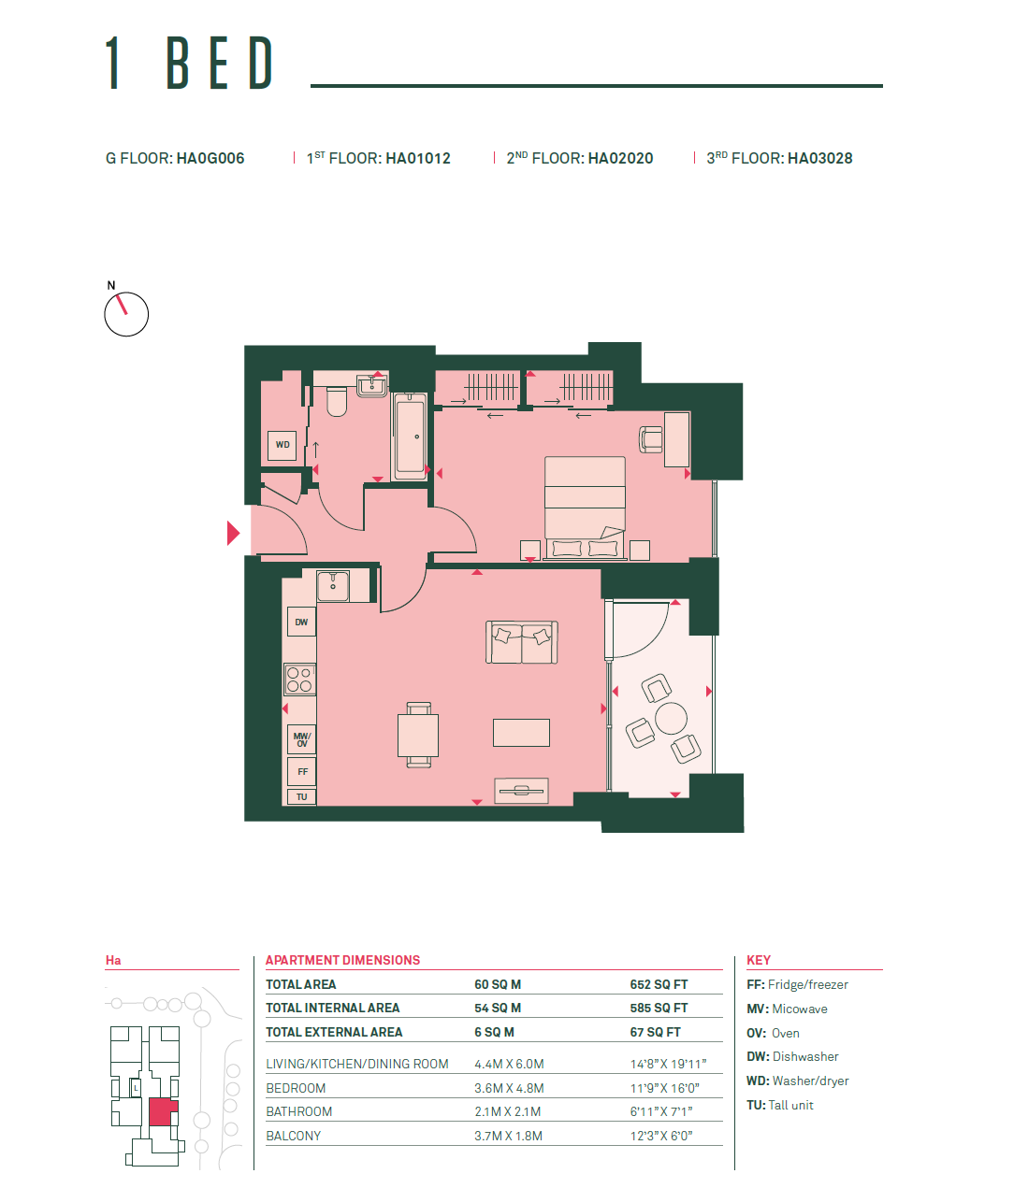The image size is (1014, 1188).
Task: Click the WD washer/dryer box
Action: (x=282, y=446)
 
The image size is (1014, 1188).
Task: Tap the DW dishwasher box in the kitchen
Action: (x=301, y=622)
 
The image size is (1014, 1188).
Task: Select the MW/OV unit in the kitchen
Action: (x=301, y=739)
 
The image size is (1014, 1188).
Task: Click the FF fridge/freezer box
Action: (x=302, y=771)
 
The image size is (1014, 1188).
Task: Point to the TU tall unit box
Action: (x=301, y=796)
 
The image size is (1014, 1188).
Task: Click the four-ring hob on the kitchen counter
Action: (x=299, y=680)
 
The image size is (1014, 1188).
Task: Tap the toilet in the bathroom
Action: (x=337, y=401)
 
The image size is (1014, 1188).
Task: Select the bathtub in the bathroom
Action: (x=410, y=437)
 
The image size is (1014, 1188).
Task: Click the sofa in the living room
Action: (x=522, y=642)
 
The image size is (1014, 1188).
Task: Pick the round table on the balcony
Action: (x=671, y=719)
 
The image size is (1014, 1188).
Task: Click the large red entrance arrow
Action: (x=233, y=533)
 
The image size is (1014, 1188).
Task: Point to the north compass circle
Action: (x=126, y=314)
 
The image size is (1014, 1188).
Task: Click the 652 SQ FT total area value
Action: (x=659, y=984)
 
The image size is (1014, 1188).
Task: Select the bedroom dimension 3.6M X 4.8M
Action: (x=509, y=1088)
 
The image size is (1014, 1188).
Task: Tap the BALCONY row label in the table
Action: (x=294, y=1136)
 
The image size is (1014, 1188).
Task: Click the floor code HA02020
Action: (x=620, y=159)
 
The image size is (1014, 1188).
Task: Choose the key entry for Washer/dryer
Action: (x=797, y=1081)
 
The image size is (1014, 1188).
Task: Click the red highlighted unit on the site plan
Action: (x=162, y=1111)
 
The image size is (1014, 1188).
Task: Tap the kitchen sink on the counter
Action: (x=332, y=586)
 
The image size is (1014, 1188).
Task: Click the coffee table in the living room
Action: (x=521, y=733)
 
